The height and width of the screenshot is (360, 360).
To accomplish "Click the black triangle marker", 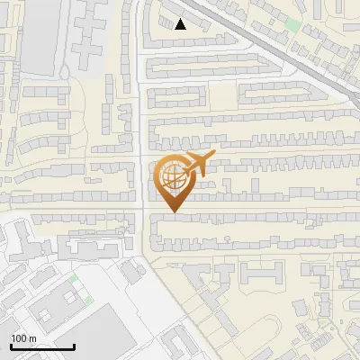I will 181,24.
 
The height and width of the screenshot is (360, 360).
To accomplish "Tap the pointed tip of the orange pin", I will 175,212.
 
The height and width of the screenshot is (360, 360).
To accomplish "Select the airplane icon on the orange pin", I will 197,164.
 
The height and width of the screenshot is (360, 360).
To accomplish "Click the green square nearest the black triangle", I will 292,24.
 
